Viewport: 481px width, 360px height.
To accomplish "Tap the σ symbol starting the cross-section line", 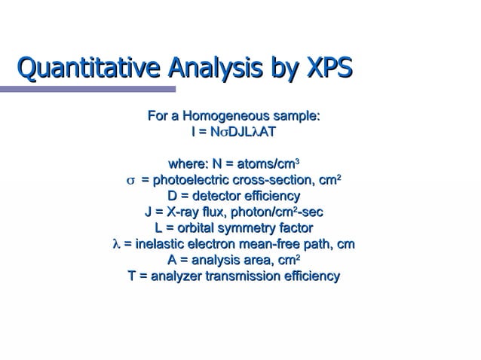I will click(130, 181).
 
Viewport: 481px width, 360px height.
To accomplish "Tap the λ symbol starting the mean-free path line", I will click(115, 245).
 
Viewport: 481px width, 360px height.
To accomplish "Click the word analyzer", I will click(177, 276).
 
